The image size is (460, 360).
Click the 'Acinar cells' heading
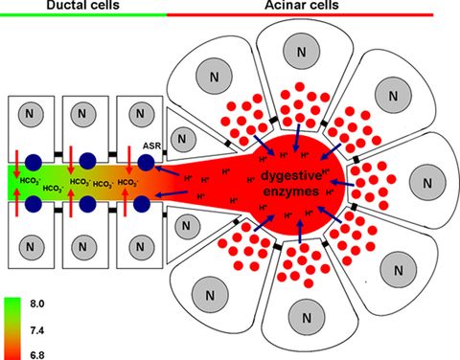[x=312, y=7]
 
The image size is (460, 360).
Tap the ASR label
[x=150, y=145]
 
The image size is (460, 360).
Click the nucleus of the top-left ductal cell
[x=33, y=114]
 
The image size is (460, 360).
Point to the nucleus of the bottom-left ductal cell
[x=33, y=245]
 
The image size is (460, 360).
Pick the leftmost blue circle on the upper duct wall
[x=34, y=162]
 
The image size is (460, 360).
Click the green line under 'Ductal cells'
[x=83, y=16]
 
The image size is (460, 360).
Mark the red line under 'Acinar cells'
[x=312, y=16]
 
